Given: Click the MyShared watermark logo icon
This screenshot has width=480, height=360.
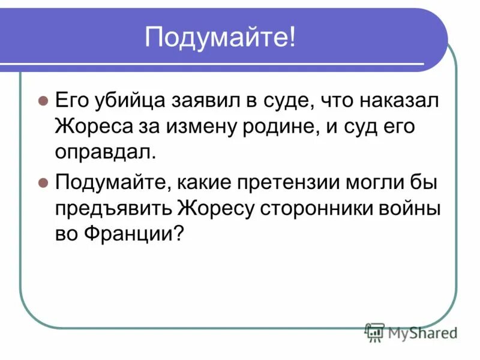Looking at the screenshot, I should tap(374, 331).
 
